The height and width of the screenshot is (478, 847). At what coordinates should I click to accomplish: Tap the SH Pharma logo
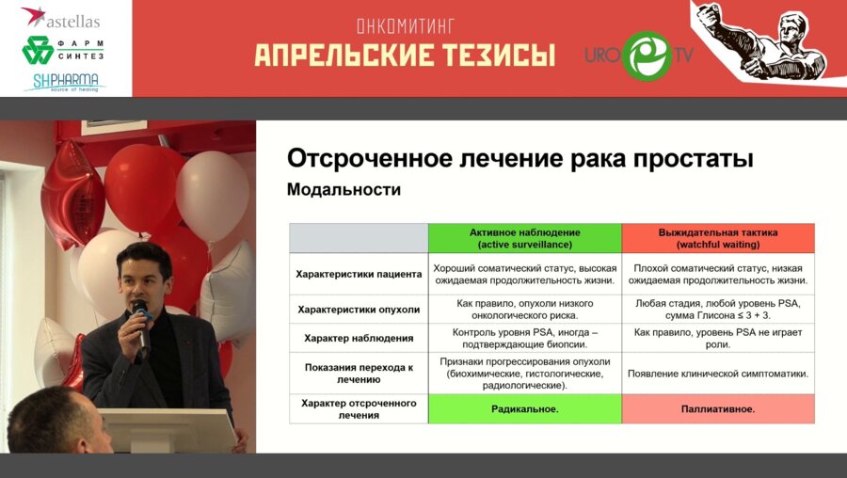64,81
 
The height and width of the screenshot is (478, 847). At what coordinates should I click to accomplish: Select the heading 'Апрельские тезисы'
404,56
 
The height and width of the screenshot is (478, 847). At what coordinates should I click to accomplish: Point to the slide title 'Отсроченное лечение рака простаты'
519,158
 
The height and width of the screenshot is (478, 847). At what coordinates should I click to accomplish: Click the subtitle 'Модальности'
344,190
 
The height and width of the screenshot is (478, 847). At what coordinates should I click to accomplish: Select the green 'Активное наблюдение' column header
524,238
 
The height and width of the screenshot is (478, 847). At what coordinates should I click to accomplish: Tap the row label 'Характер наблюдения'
359,339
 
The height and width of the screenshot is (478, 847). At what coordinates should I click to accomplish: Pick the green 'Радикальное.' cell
524,409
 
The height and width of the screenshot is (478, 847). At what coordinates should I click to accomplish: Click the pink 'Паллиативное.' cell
718,409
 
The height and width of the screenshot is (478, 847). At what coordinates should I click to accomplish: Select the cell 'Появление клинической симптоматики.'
718,374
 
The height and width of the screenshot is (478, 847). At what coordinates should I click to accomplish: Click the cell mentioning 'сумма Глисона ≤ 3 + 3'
718,310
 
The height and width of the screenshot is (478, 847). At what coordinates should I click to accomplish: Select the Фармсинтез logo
64,49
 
